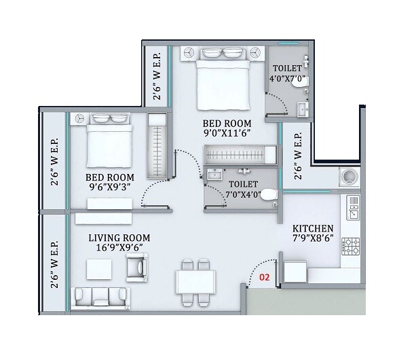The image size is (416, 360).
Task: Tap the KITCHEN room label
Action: click(x=312, y=228)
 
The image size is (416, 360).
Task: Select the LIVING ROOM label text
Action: click(x=119, y=238)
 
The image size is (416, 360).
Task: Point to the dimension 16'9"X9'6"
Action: click(x=119, y=249)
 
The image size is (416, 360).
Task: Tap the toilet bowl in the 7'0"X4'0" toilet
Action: click(x=269, y=194)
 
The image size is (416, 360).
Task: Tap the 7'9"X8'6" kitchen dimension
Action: click(x=312, y=239)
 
